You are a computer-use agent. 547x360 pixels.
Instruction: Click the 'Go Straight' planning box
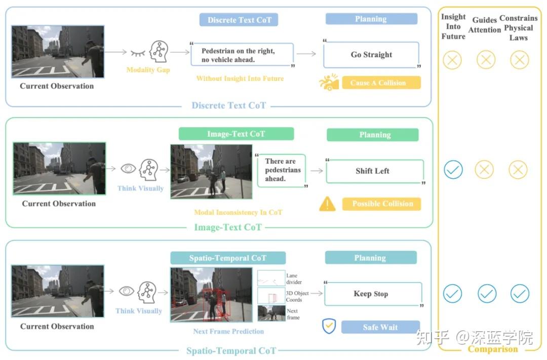point(371,55)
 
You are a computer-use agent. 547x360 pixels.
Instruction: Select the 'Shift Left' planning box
point(374,171)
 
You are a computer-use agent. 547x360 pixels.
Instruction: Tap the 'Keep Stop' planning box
point(373,294)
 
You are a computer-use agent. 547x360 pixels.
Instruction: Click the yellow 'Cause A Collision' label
point(381,83)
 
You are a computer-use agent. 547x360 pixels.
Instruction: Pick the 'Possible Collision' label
point(382,204)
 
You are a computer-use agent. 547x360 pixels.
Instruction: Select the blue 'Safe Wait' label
point(380,327)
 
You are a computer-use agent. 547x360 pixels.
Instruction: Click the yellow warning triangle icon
point(327,204)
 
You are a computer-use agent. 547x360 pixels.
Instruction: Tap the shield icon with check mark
point(329,326)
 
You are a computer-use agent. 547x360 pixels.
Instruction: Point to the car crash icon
point(329,82)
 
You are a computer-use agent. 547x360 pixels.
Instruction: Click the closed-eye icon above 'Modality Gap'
point(138,53)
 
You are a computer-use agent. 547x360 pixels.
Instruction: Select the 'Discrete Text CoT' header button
point(239,20)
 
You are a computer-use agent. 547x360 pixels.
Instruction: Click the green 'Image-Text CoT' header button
point(236,134)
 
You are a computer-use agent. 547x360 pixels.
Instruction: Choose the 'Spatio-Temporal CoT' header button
point(228,258)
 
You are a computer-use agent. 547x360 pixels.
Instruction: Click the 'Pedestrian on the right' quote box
point(242,55)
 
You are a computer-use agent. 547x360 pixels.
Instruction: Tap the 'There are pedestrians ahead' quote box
point(281,170)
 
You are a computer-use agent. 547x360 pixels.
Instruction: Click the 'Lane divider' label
point(294,278)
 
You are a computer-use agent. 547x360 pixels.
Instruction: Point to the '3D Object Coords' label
point(297,297)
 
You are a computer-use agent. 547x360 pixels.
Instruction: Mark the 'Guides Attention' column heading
point(484,25)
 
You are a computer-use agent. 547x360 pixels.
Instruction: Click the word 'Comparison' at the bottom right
point(493,349)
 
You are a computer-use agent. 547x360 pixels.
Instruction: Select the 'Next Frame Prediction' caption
point(228,332)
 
